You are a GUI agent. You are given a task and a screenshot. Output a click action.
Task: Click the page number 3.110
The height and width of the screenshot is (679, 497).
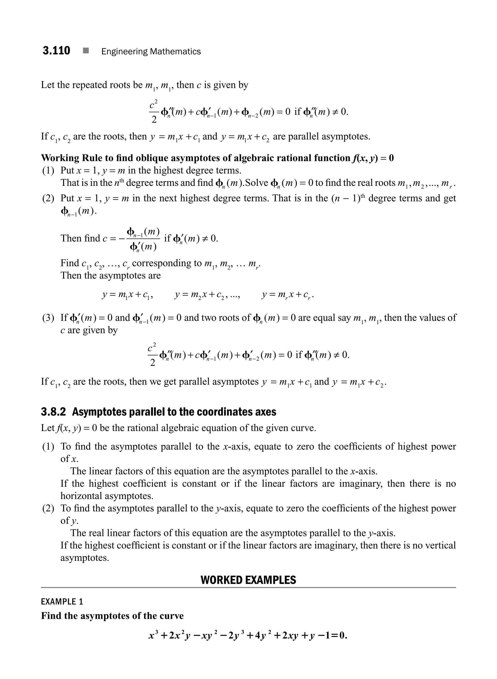[x=56, y=50]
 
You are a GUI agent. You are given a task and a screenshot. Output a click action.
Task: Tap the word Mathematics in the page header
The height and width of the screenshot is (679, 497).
[x=175, y=51]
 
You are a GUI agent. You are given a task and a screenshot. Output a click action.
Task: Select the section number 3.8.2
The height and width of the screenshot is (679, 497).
[x=53, y=412]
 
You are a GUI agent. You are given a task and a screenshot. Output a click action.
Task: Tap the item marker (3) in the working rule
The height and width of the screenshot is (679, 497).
[x=48, y=318]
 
